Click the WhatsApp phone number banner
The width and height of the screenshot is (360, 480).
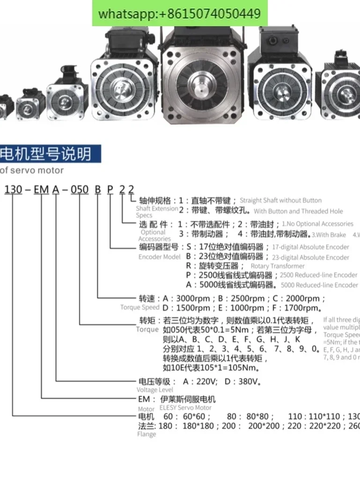[180, 13]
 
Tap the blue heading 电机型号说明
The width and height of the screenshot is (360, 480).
[45, 154]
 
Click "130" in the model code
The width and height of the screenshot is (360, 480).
[13, 189]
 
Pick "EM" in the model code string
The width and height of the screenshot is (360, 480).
[42, 189]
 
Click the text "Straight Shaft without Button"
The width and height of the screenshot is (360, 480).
[280, 200]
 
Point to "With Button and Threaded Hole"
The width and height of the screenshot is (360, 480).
[298, 211]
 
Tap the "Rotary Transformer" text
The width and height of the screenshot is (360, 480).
[278, 266]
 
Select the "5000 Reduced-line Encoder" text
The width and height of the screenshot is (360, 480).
[320, 285]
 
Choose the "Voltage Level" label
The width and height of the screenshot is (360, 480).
[154, 390]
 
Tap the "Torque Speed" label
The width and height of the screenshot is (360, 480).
[140, 307]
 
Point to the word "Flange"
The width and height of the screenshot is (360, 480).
[146, 434]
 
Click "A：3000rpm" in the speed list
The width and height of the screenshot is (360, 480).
[187, 298]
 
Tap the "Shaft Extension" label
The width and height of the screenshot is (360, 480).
[157, 208]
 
